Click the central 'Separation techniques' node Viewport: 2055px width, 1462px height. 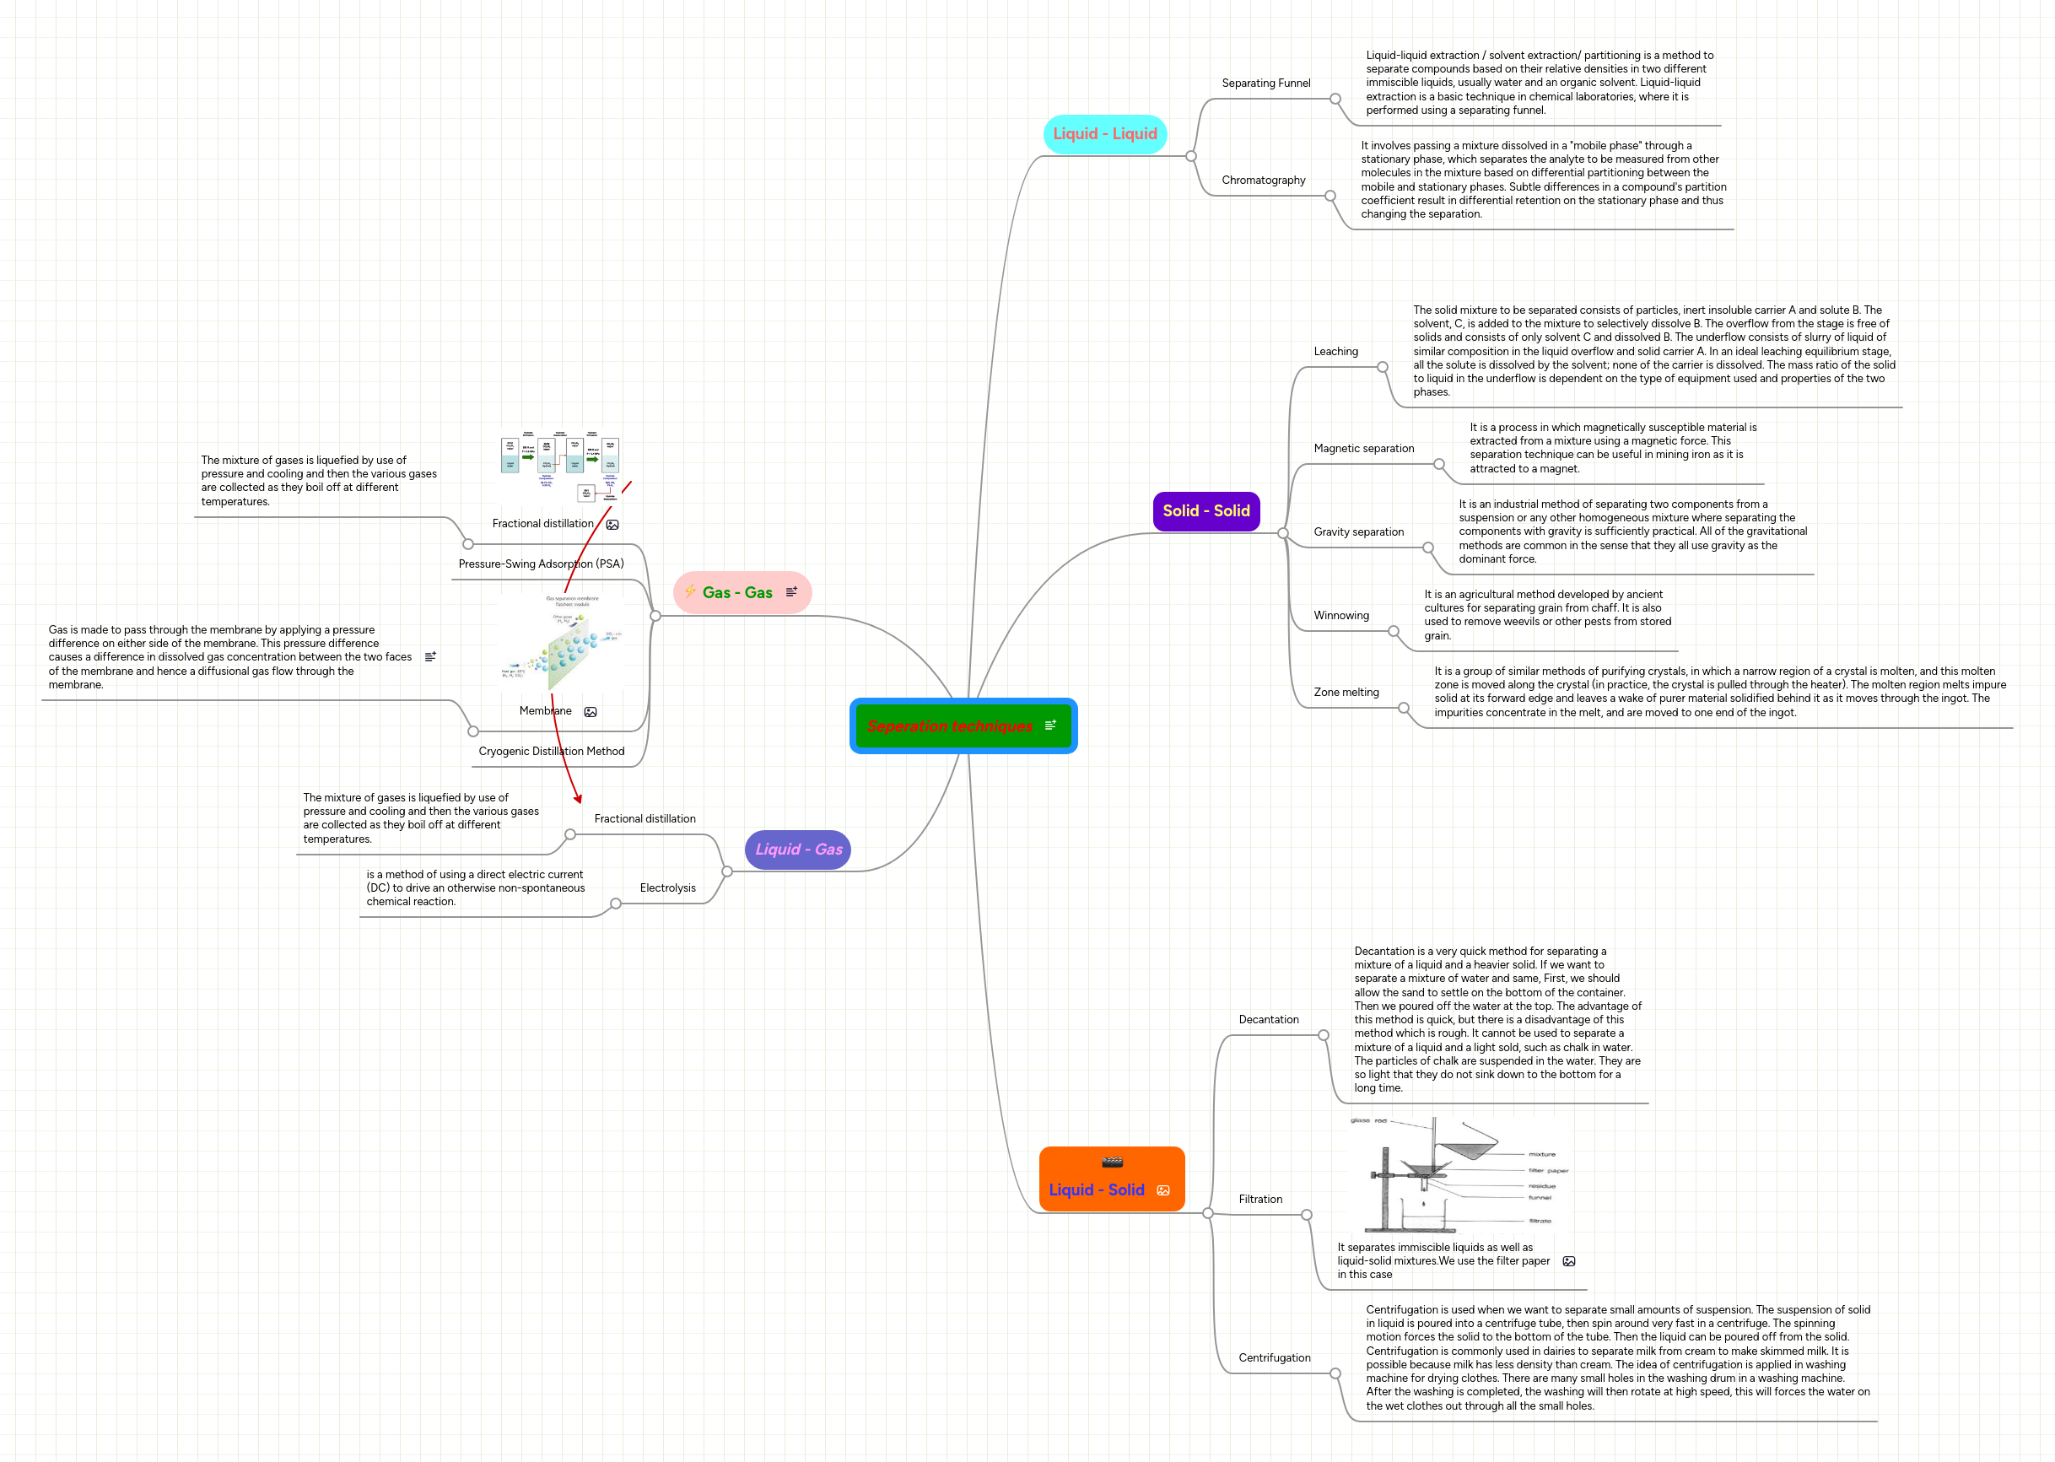[x=951, y=726]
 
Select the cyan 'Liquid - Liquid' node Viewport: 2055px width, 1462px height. [x=1104, y=134]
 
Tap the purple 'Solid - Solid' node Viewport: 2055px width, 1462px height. [x=1205, y=511]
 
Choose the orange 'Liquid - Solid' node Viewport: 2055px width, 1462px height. [x=1097, y=1190]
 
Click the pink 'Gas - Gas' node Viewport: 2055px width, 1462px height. [x=737, y=592]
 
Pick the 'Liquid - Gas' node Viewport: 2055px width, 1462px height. [x=797, y=849]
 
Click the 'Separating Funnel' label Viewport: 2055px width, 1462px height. [x=1265, y=83]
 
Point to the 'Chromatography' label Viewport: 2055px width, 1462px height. [x=1263, y=180]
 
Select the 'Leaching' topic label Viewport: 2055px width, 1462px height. [x=1335, y=351]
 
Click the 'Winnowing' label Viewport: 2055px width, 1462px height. [x=1340, y=616]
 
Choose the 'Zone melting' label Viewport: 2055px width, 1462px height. [x=1346, y=693]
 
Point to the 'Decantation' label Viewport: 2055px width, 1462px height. [x=1268, y=1019]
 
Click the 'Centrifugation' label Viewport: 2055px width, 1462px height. [x=1274, y=1357]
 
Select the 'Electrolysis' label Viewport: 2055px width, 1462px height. [x=667, y=887]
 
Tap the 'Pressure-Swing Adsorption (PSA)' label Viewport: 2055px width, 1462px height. [x=541, y=564]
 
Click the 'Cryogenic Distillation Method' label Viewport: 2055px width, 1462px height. [x=551, y=751]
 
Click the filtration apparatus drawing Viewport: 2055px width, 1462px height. [x=1459, y=1175]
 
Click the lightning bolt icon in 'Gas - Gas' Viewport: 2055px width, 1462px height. [x=689, y=591]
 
